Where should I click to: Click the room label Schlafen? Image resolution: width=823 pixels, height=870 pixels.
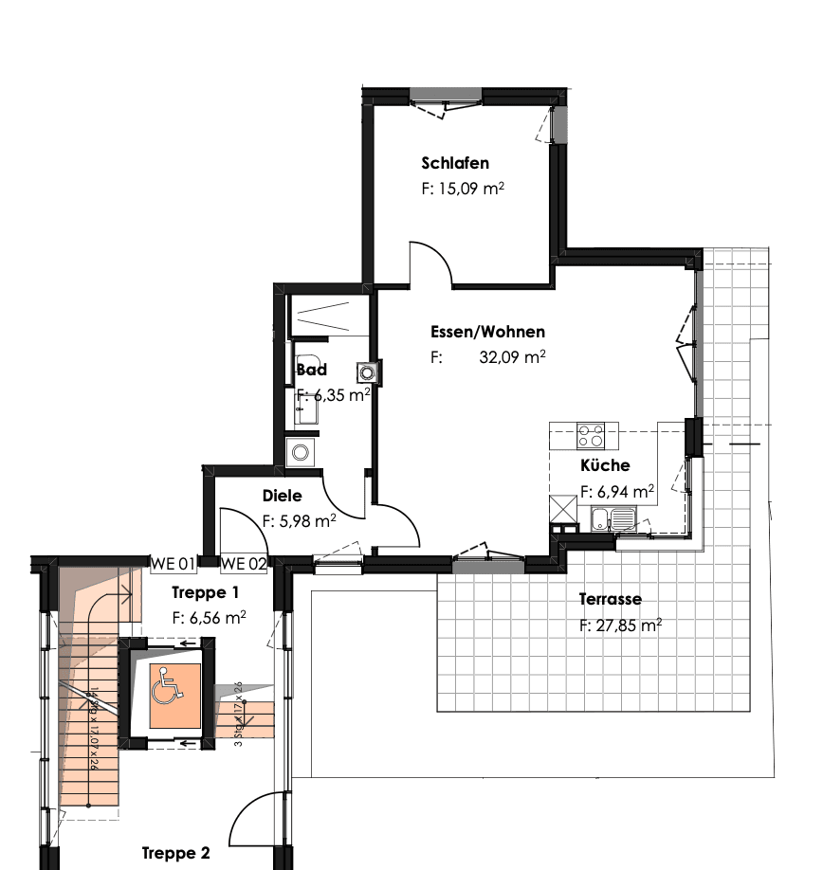455,163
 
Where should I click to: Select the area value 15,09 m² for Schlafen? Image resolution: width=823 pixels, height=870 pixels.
462,189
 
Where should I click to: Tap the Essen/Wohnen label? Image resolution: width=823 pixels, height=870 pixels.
487,332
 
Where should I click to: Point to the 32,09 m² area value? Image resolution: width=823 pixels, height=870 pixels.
513,358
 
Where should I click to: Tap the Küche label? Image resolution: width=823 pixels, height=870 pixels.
605,465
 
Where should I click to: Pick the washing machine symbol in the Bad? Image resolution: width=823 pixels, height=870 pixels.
301,452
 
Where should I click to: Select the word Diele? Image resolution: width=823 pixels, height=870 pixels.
282,496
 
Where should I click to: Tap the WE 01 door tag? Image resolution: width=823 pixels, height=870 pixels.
174,564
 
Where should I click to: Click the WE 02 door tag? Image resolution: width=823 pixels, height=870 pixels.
244,564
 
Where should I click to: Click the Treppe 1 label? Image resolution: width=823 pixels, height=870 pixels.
206,592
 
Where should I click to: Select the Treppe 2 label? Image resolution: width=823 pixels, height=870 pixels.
175,853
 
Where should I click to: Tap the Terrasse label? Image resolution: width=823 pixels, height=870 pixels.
610,599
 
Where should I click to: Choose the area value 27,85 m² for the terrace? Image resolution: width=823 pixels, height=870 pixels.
620,625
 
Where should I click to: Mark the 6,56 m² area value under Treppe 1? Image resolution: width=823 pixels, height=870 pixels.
209,617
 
